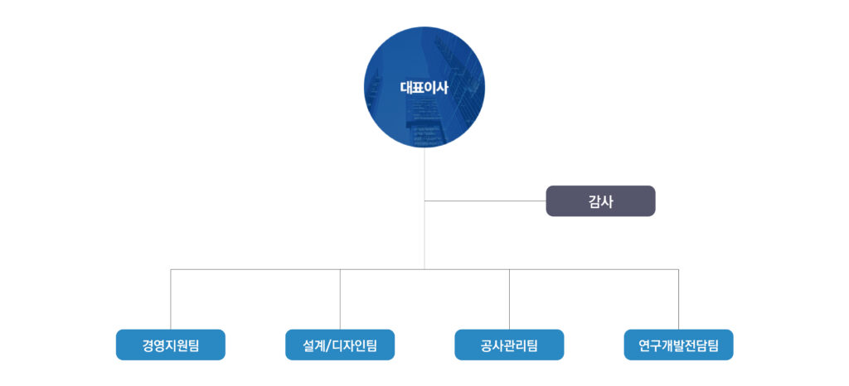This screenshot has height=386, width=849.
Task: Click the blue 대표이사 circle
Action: (424, 87)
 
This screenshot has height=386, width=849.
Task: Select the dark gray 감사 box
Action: (600, 201)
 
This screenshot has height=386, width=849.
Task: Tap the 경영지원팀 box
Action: (171, 345)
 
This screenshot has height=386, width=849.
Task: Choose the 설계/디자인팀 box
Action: (340, 345)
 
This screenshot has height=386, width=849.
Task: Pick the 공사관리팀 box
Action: (510, 345)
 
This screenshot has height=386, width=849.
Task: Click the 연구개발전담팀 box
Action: (678, 345)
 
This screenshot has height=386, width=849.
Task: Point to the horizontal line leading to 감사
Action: (485, 201)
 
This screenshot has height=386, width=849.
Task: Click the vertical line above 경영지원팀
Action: (171, 300)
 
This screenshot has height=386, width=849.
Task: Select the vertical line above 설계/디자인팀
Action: (340, 300)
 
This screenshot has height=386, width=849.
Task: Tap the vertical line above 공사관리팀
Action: (510, 300)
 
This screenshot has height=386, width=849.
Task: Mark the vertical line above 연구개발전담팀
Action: (678, 300)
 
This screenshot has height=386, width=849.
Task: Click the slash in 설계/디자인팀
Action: (327, 345)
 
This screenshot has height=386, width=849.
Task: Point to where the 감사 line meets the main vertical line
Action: (424, 201)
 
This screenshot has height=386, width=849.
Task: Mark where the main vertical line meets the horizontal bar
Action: (424, 269)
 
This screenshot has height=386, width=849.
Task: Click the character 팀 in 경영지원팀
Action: (193, 345)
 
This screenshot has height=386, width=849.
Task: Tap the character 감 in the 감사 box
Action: (594, 201)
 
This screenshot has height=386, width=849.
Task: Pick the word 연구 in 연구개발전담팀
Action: (650, 345)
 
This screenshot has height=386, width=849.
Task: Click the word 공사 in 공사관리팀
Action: (492, 345)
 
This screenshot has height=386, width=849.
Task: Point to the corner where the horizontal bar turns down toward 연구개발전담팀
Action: (678, 269)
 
